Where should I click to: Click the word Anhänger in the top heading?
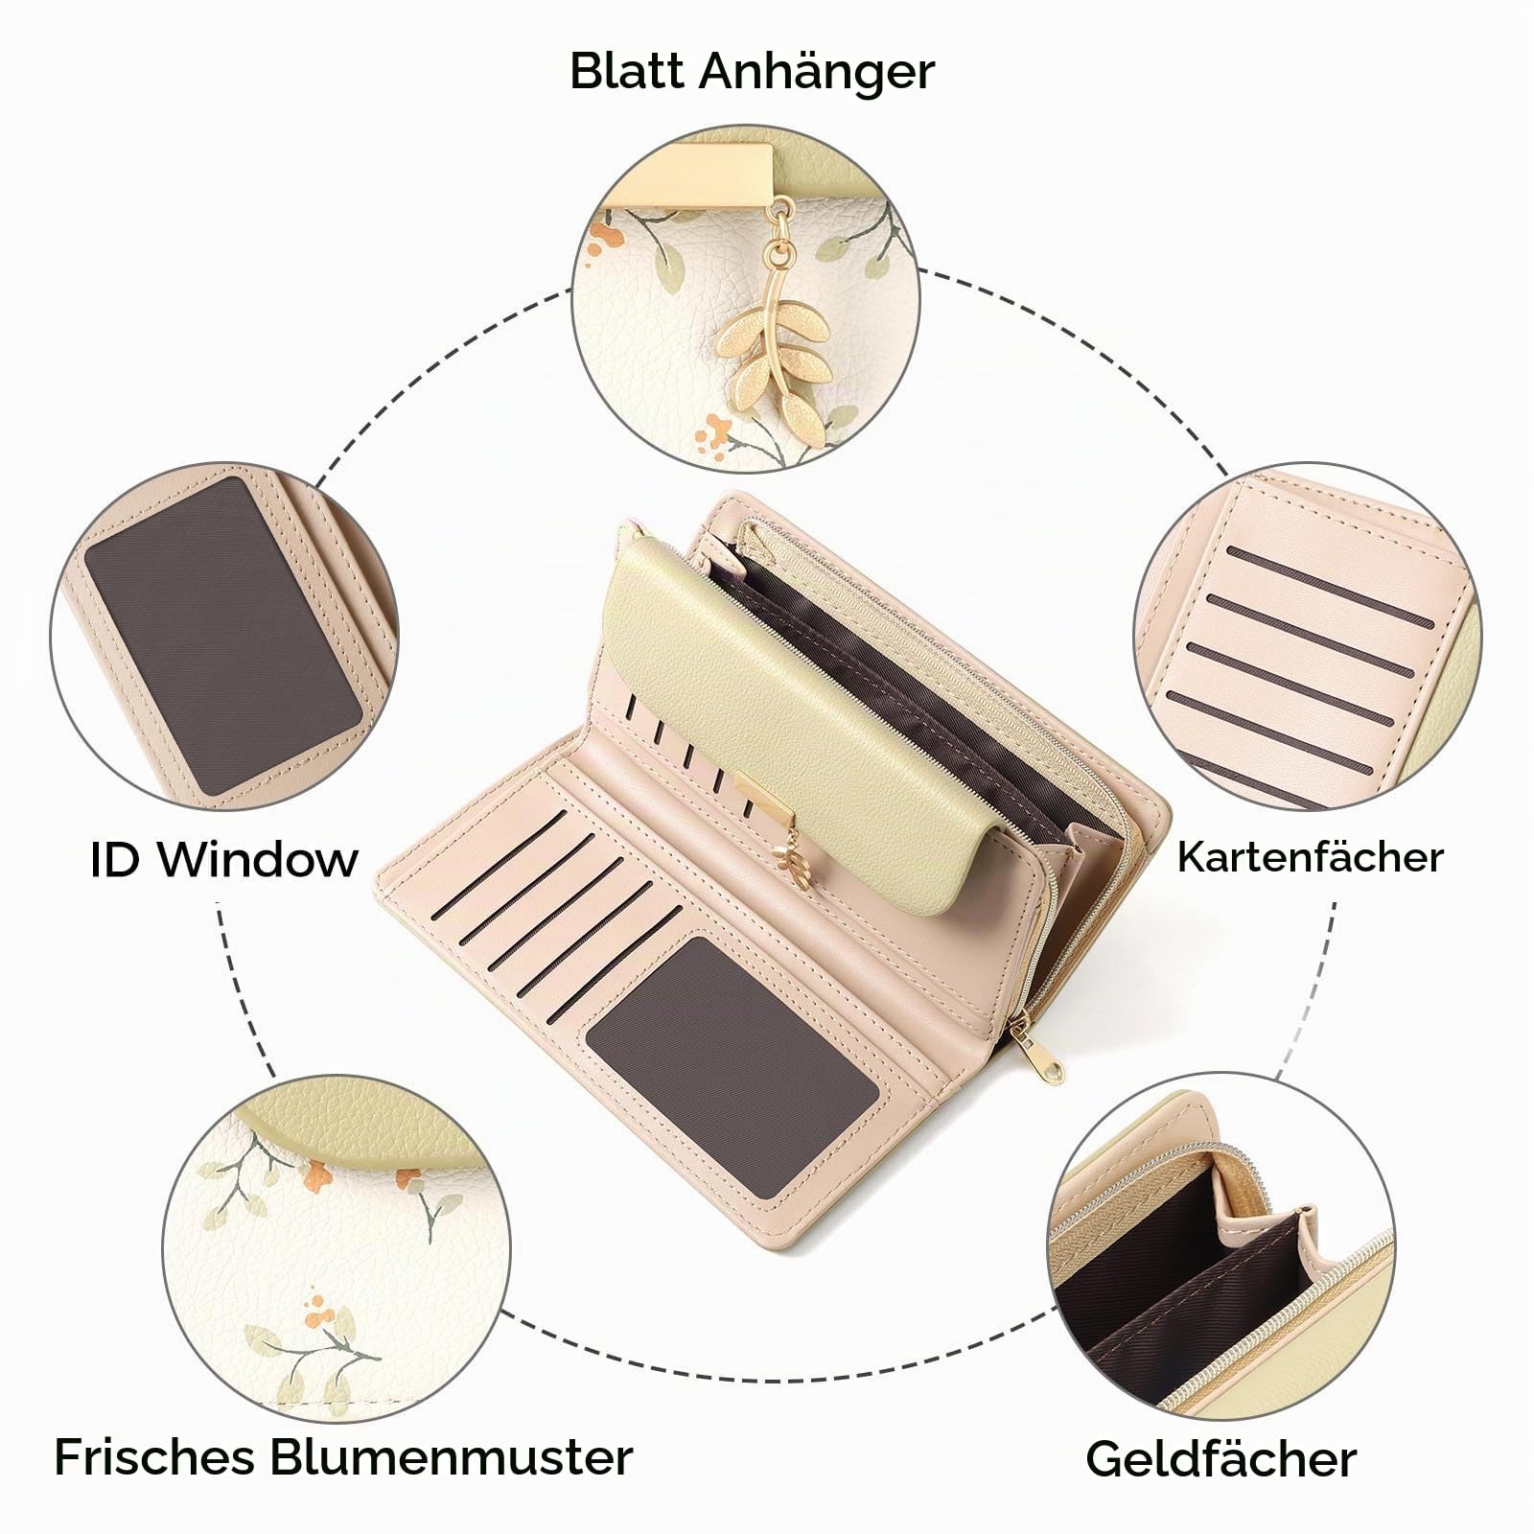click(817, 73)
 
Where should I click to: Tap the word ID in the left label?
click(116, 859)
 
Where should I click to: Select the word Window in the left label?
click(258, 859)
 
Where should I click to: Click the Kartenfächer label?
click(1310, 856)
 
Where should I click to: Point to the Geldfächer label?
click(1220, 1458)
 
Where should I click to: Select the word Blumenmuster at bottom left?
click(451, 1456)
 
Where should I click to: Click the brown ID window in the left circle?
click(222, 637)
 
